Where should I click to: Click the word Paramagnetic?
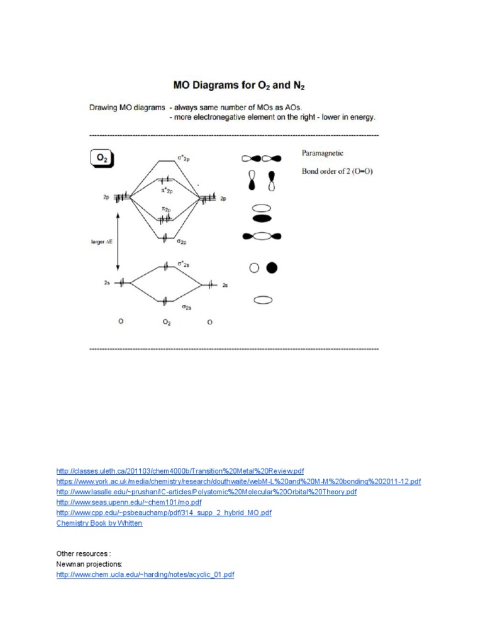(x=323, y=153)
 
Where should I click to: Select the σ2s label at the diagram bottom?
(x=187, y=307)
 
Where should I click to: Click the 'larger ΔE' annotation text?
(x=101, y=240)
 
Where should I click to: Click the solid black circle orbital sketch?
(x=272, y=268)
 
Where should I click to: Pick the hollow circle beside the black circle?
(x=255, y=268)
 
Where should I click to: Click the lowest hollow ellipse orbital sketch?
(x=262, y=301)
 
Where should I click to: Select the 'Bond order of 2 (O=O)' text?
(x=337, y=171)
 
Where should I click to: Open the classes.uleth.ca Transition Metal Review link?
(x=180, y=471)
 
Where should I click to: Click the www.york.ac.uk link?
(x=238, y=482)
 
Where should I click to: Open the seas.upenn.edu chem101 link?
(x=129, y=502)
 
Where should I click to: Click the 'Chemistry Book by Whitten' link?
(x=99, y=523)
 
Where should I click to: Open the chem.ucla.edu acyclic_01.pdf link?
(x=145, y=575)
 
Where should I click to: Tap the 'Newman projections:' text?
(x=86, y=564)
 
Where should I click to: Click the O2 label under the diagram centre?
(x=166, y=323)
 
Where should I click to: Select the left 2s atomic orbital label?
(x=107, y=283)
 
